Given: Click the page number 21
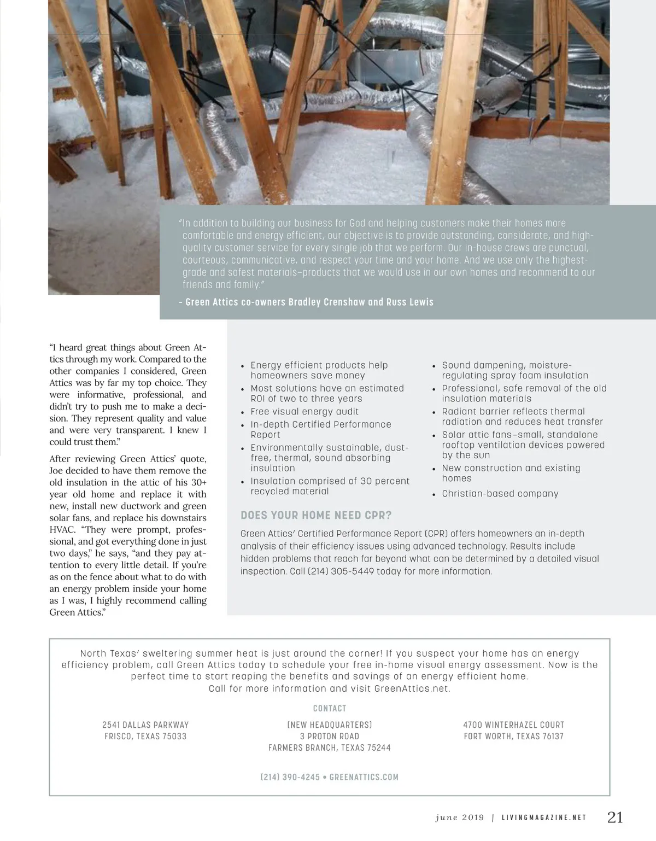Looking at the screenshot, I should pos(615,817).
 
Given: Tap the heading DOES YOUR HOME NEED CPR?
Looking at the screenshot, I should pos(316,515).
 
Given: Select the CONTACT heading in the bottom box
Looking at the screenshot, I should pos(330,709).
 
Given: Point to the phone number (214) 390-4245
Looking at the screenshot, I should pos(290,777).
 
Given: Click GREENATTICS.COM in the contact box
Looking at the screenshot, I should pos(364,777).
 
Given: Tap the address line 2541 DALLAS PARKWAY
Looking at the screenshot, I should pos(145,725).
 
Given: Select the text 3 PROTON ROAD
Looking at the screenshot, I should pos(330,737).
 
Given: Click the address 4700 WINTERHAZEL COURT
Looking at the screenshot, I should pos(513,725).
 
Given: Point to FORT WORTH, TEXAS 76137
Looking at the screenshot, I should pos(513,737).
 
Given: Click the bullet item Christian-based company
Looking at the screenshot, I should pos(500,494).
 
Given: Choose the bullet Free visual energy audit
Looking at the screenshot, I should pos(304,412).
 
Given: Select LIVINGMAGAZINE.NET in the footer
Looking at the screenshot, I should pos(544,818).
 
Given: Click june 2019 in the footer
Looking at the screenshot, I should pos(460,818).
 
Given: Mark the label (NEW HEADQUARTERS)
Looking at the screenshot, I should pos(330,725).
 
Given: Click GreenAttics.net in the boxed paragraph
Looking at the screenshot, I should pos(411,688).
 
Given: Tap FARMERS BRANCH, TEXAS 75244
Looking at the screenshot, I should pos(330,748).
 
